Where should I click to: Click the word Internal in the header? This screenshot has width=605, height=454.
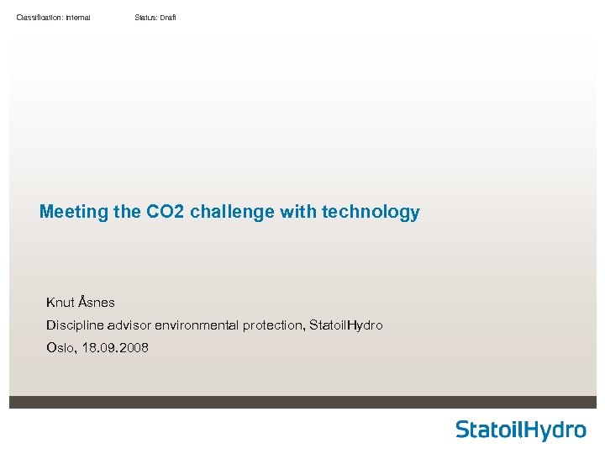(75, 18)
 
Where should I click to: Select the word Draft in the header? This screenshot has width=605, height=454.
(167, 18)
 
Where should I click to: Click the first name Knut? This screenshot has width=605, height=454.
(60, 302)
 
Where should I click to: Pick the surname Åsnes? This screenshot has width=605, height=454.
(97, 302)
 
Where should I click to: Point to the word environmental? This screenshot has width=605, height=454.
(195, 325)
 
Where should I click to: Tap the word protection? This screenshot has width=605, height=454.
(274, 325)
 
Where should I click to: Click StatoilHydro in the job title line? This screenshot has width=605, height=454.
(346, 325)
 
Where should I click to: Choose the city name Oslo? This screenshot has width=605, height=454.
(60, 347)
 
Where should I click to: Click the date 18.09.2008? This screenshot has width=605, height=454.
(115, 347)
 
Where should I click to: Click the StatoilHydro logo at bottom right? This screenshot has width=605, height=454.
(520, 430)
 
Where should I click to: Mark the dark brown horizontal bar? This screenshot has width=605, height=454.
(302, 402)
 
